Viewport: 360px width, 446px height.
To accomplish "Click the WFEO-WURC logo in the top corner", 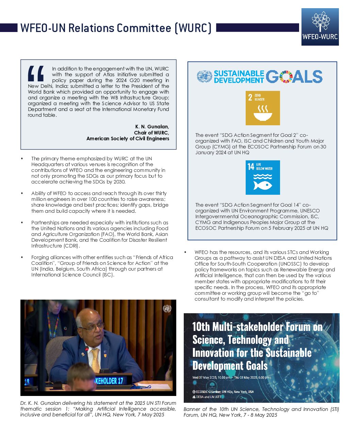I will coord(320,27).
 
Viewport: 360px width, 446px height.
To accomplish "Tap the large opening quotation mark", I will coord(36,74).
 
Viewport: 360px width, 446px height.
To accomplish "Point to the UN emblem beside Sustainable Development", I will coord(204,77).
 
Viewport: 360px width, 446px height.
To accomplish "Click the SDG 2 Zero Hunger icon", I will coord(263,108).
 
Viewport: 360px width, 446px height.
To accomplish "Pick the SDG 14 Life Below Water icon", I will coord(263,177).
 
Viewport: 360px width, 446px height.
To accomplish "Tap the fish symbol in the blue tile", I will coord(263,185).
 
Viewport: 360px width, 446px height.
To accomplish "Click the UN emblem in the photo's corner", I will coord(167,308).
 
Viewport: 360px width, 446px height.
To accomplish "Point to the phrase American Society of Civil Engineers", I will coord(128,139).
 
